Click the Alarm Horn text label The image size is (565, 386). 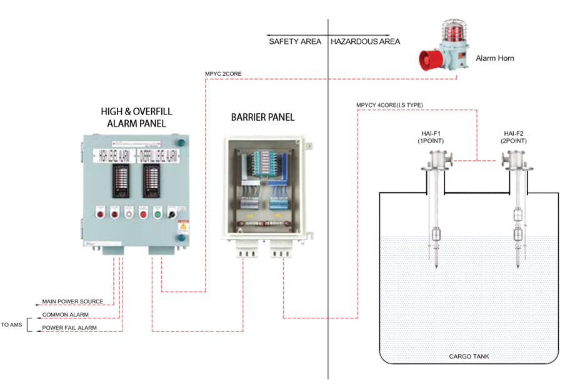[x=495, y=58]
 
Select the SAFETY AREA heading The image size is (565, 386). [x=295, y=41]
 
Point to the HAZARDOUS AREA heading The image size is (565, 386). [x=365, y=41]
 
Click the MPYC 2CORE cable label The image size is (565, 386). [x=223, y=74]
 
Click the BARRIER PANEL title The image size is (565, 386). [x=262, y=117]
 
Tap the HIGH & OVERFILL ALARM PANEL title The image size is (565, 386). [x=136, y=117]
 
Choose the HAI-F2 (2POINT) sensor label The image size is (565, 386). [x=516, y=137]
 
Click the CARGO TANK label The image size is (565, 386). [x=469, y=357]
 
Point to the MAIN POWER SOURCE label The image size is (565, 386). [x=72, y=302]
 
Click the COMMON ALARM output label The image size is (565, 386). [x=65, y=315]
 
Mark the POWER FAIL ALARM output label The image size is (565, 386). [x=69, y=328]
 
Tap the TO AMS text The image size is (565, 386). [x=12, y=325]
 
